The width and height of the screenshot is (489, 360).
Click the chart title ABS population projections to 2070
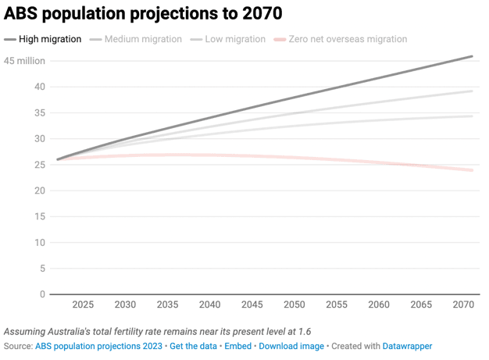(144, 14)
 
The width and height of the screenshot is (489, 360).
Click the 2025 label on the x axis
(83, 305)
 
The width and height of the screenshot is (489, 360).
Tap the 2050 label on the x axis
(294, 305)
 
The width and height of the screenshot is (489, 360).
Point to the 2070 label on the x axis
(462, 305)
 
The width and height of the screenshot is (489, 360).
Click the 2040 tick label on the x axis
(209, 305)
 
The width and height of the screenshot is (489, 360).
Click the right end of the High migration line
(473, 56)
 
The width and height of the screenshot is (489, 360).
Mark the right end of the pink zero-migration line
(473, 170)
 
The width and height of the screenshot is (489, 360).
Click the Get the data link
(193, 346)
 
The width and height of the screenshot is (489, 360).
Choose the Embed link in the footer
(238, 346)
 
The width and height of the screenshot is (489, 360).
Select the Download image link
(291, 346)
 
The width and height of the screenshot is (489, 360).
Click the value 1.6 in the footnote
(306, 331)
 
